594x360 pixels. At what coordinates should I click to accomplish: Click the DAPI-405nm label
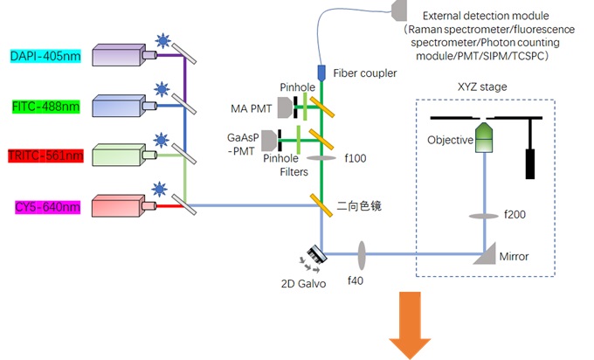click(45, 57)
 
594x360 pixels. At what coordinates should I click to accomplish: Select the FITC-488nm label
click(45, 107)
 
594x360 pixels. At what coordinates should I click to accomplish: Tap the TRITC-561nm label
click(45, 156)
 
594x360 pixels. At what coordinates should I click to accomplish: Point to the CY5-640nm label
click(45, 207)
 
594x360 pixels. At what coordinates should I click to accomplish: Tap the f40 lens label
click(356, 282)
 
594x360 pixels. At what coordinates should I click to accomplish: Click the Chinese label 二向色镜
click(361, 206)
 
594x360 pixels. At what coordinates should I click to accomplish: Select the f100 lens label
click(356, 160)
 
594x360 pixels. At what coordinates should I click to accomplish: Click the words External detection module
click(485, 16)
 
